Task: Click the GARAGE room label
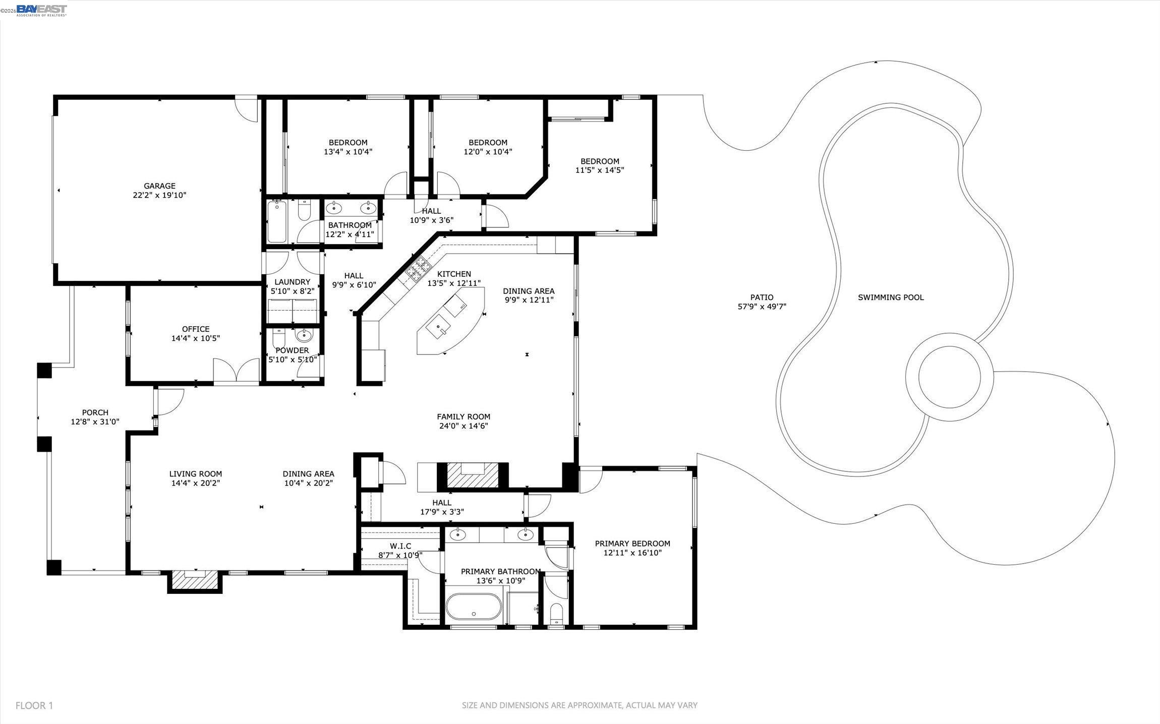coord(159,186)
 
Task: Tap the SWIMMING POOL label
coord(891,297)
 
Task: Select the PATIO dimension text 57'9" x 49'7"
coord(762,307)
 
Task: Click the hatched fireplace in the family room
coord(473,475)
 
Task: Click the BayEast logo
coord(41,10)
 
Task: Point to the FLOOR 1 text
coord(34,705)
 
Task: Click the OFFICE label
coord(196,329)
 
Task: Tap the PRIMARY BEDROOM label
coord(632,544)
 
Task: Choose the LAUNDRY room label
coord(292,282)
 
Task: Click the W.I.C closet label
coord(400,546)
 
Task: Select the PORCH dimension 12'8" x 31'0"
coord(95,421)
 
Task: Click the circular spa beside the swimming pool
coord(950,377)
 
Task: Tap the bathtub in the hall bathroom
coord(277,221)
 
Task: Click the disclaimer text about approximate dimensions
coord(579,705)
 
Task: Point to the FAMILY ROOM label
coord(463,417)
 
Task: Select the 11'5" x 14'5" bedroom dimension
coord(600,170)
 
